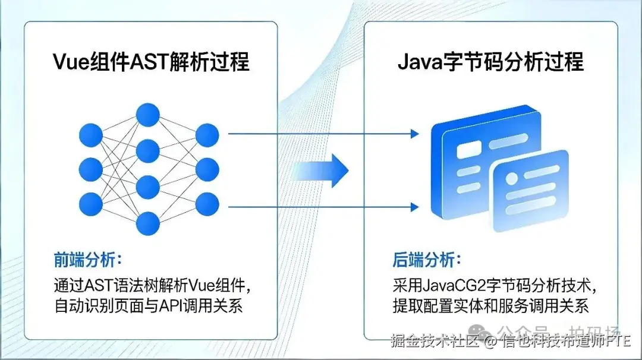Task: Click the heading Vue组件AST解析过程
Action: point(151,61)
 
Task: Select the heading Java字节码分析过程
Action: point(490,61)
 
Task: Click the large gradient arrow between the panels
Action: point(321,170)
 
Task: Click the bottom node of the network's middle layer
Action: point(147,224)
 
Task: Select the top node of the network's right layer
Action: point(207,135)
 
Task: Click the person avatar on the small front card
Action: point(512,176)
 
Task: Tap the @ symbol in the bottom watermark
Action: point(490,342)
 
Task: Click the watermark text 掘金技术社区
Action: point(435,342)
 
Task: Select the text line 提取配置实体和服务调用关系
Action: point(490,307)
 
